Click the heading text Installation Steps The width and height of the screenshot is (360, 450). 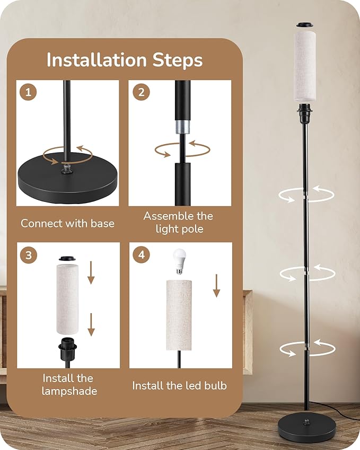pos(125,60)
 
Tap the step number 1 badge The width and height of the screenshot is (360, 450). pos(28,92)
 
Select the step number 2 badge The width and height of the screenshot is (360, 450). pos(141,92)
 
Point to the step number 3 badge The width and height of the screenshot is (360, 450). pos(28,255)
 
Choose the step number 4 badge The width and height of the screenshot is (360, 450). pos(141,255)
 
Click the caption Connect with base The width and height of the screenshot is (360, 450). pos(67,223)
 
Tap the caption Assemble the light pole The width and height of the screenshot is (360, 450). pos(178,223)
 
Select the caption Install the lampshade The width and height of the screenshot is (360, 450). pos(67,385)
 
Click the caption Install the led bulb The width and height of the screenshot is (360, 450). pos(179,385)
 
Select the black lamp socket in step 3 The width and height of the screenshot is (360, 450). pos(68,350)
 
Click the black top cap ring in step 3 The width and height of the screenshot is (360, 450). pos(67,259)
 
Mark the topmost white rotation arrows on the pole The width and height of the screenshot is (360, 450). pos(306,193)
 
